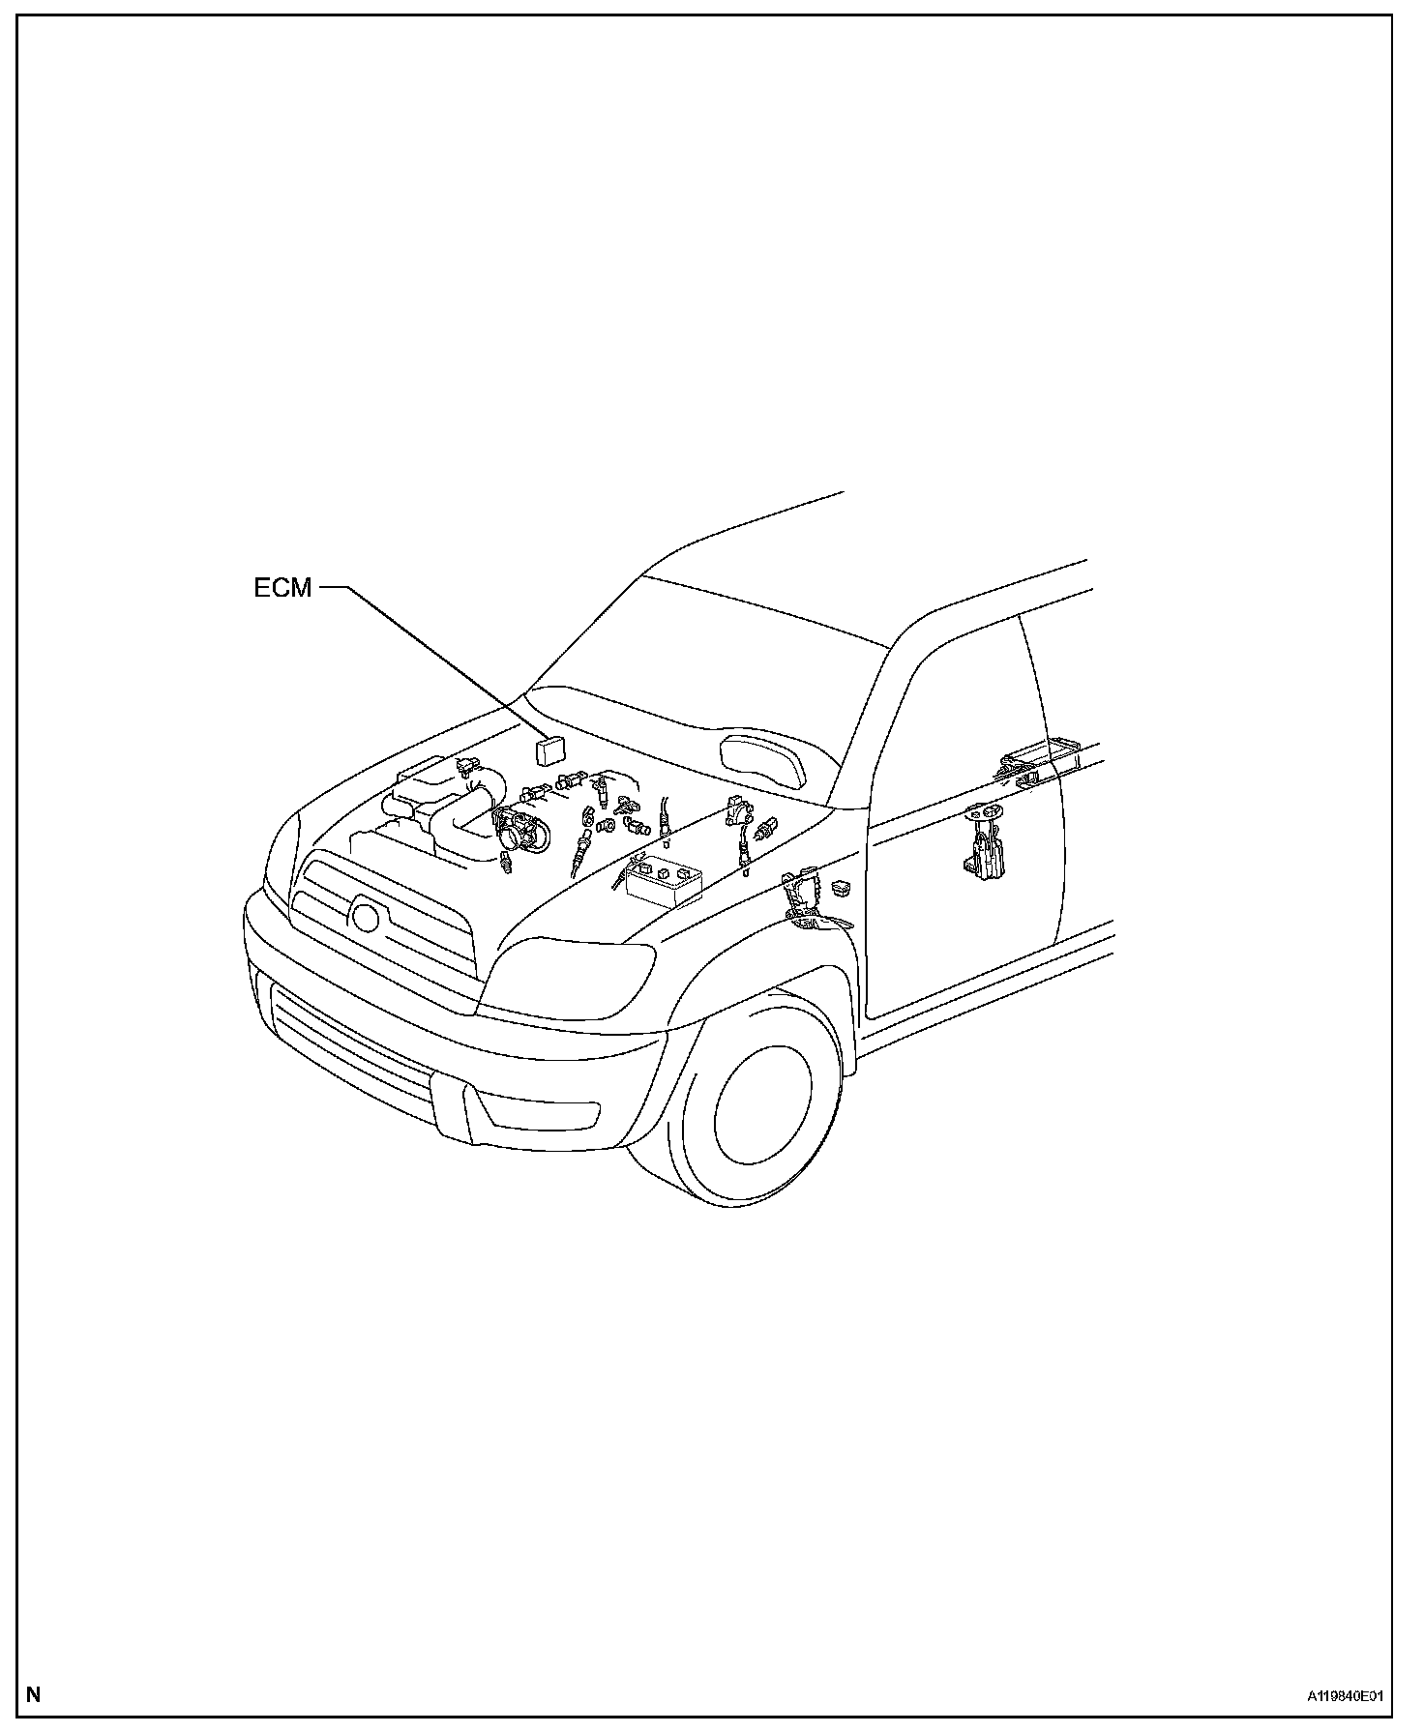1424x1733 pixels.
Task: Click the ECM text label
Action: tap(282, 588)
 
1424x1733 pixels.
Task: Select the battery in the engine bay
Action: tap(664, 881)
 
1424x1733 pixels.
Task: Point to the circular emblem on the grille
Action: tap(365, 914)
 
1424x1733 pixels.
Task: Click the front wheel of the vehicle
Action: tap(761, 1115)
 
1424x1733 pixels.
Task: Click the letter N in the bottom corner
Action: tap(34, 1694)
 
